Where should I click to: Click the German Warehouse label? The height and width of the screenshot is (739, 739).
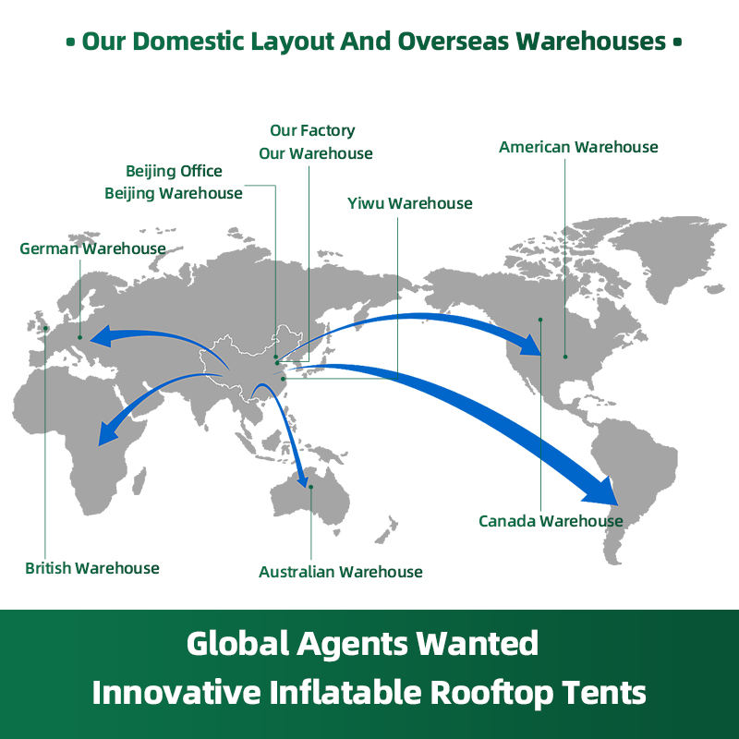[92, 248]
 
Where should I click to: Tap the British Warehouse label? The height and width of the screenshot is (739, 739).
[92, 568]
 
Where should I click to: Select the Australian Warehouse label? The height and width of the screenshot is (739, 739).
[340, 572]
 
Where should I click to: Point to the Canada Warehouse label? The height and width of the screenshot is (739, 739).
[551, 521]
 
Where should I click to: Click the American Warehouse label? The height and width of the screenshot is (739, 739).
[578, 147]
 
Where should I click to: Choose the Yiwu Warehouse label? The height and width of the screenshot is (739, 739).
[409, 203]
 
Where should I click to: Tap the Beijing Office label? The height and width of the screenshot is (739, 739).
[174, 171]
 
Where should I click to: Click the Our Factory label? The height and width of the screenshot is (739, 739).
[312, 130]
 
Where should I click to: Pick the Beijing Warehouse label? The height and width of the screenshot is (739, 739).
[174, 193]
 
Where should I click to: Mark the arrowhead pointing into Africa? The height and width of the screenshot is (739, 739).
[109, 432]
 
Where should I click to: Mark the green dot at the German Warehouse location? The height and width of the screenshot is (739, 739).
[79, 337]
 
